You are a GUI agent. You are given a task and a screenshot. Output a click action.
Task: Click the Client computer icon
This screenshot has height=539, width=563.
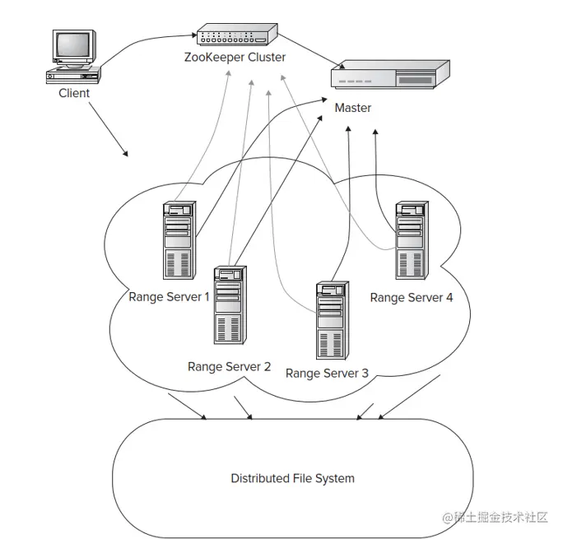tap(73, 56)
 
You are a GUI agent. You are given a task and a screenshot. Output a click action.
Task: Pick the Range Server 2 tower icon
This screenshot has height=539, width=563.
tap(228, 304)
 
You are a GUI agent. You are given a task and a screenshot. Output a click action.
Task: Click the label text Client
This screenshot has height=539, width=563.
tap(74, 93)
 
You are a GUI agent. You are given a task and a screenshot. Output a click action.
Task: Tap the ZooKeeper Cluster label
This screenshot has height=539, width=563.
tap(235, 58)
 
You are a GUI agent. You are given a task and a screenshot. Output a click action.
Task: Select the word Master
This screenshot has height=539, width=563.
tap(352, 108)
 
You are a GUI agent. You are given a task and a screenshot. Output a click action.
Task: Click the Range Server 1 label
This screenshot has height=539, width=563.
tap(169, 296)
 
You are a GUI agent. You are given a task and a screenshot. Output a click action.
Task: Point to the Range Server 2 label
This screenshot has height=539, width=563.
tap(229, 366)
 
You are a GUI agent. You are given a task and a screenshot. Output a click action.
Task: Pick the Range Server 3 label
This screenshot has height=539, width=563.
tap(327, 373)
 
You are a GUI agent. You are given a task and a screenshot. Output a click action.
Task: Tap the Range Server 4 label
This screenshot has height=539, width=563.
tap(411, 297)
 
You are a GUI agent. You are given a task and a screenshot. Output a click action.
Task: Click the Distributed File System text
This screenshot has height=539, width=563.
tap(292, 478)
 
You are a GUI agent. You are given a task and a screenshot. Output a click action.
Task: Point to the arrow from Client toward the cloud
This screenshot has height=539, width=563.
tap(107, 130)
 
